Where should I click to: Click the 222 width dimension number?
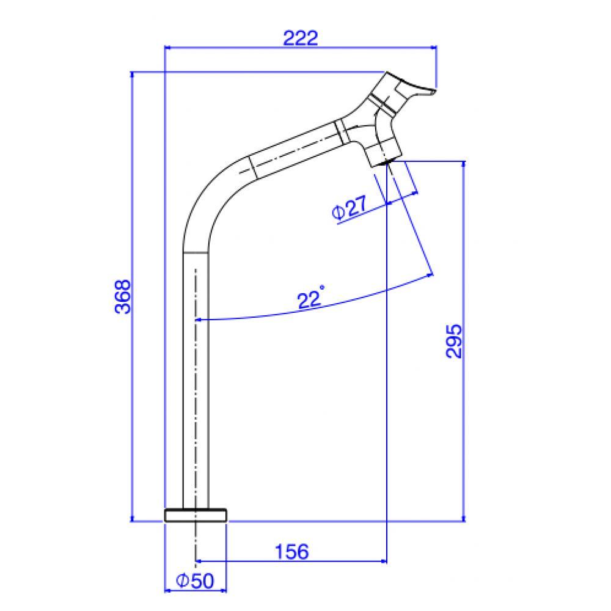tap(301, 38)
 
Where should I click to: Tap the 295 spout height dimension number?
tap(453, 341)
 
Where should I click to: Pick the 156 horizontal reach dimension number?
tap(291, 552)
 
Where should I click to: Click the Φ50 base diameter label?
tap(195, 580)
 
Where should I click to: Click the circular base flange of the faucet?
tap(196, 515)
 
